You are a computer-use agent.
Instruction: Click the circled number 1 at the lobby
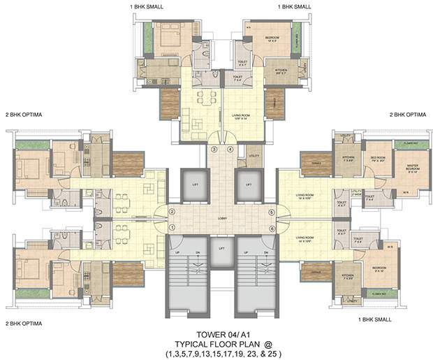click(172, 227)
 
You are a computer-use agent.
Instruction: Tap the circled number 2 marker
click(172, 213)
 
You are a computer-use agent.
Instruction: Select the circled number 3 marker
click(214, 150)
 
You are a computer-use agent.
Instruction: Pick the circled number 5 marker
click(271, 213)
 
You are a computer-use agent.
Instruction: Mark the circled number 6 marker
click(271, 227)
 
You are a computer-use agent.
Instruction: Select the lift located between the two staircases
click(221, 256)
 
